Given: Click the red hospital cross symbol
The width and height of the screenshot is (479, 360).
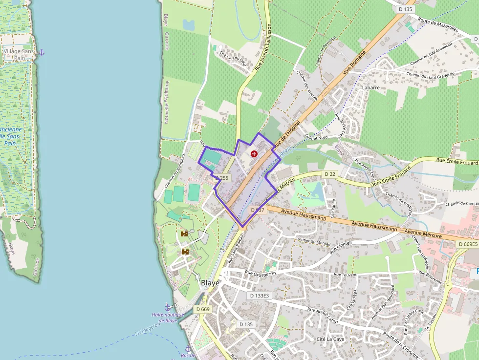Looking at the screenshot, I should click(254, 154).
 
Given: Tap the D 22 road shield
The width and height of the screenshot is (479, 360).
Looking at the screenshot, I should click(330, 174).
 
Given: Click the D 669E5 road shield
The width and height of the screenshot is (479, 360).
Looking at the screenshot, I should click(468, 244).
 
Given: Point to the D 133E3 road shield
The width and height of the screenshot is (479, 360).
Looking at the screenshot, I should click(259, 296).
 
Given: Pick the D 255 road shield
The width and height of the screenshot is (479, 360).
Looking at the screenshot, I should click(222, 178).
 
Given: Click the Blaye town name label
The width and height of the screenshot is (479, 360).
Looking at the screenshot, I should click(210, 283).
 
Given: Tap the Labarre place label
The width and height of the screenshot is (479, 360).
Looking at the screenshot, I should click(370, 87).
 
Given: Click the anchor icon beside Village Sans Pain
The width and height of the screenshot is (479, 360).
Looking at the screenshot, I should click(42, 52).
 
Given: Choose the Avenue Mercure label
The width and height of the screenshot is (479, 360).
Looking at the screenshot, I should click(423, 233).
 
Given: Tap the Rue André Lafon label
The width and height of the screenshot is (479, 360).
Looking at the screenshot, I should click(323, 316).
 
